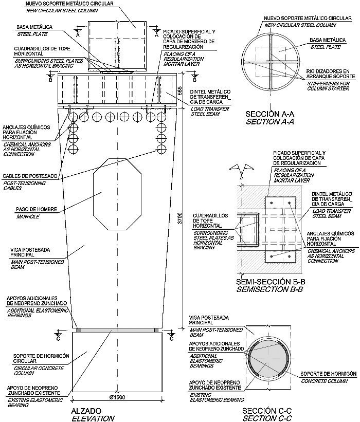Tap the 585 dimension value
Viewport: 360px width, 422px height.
181,90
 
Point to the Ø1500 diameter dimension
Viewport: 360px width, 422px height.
117,397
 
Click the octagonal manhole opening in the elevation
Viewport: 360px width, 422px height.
117,194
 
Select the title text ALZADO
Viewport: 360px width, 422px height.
86,411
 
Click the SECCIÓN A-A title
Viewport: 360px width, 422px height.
269,114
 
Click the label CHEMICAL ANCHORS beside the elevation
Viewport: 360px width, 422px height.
27,145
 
